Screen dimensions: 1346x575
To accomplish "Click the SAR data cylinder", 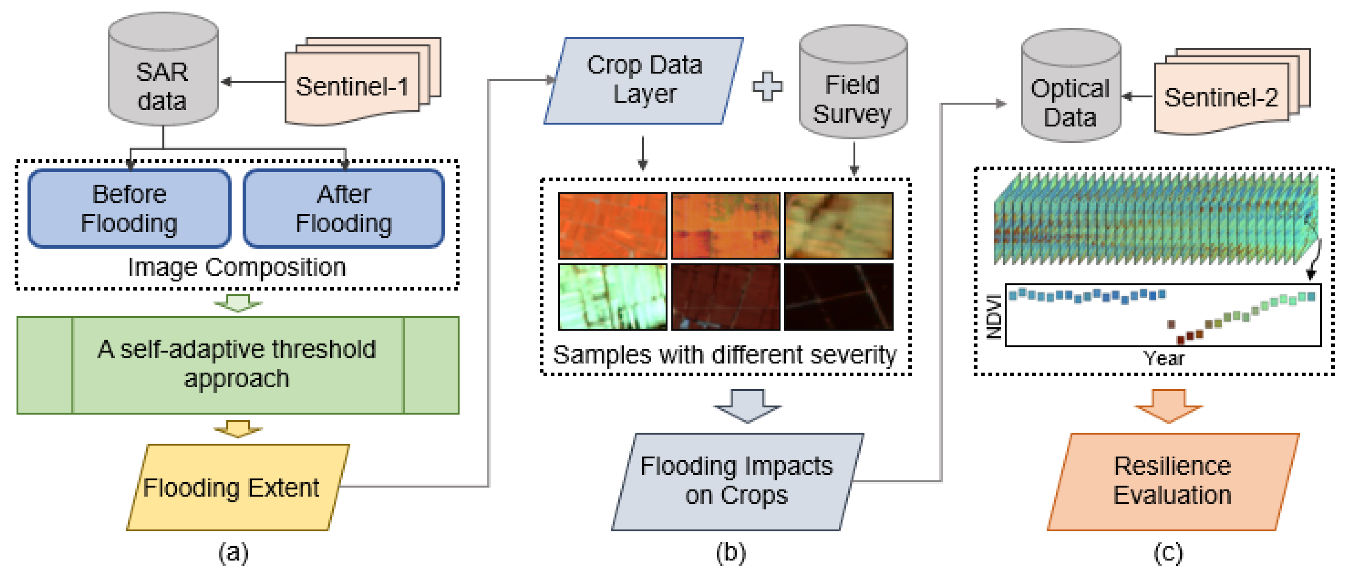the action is (x=163, y=69).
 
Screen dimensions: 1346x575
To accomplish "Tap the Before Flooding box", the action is (x=130, y=208).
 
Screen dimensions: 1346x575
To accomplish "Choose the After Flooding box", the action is (x=344, y=208).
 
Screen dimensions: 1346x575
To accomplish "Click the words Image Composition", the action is (x=237, y=267).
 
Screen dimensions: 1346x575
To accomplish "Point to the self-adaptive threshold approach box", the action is (x=238, y=365).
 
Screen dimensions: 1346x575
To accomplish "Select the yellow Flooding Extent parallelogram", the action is (x=238, y=487).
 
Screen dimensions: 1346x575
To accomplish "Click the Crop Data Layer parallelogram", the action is (x=644, y=80).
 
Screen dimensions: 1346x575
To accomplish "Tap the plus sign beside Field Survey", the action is (x=767, y=86).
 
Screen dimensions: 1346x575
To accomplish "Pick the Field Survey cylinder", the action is (x=853, y=82).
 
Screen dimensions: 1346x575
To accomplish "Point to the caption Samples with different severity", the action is (x=725, y=355).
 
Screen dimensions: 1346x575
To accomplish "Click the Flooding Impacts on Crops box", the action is (x=737, y=481).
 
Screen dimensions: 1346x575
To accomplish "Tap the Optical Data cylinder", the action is (x=1071, y=85).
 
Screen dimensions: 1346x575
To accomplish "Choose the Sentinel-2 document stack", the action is (x=1232, y=91).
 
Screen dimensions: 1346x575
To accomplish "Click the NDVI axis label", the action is (x=994, y=317).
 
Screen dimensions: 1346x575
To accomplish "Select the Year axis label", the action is (x=1164, y=359).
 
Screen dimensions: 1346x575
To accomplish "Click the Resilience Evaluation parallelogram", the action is (x=1173, y=481).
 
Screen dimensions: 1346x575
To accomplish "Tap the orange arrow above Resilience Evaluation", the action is (x=1169, y=406).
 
